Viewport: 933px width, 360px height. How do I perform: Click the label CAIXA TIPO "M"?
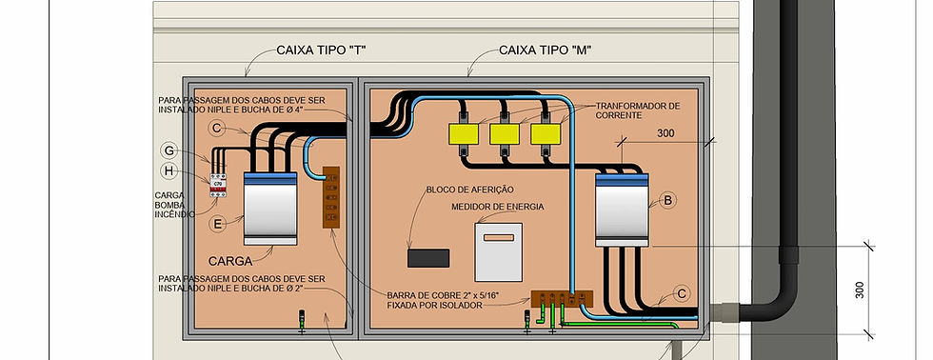(546, 50)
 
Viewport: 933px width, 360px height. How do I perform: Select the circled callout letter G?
(169, 150)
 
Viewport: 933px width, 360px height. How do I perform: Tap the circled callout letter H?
(169, 170)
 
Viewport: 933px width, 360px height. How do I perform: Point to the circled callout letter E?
(217, 224)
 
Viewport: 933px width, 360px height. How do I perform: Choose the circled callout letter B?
(668, 200)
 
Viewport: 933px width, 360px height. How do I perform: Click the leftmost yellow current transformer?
(462, 134)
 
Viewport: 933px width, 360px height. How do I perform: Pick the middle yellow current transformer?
(504, 134)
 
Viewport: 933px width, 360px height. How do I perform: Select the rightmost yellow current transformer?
(546, 134)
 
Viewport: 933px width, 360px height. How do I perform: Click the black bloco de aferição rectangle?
(427, 257)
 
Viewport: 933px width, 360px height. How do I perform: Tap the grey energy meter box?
(499, 251)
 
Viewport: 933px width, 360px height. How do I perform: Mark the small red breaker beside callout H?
(219, 184)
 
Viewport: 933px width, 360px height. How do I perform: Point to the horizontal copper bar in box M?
(562, 299)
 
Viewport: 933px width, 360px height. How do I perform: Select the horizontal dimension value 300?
(665, 134)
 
